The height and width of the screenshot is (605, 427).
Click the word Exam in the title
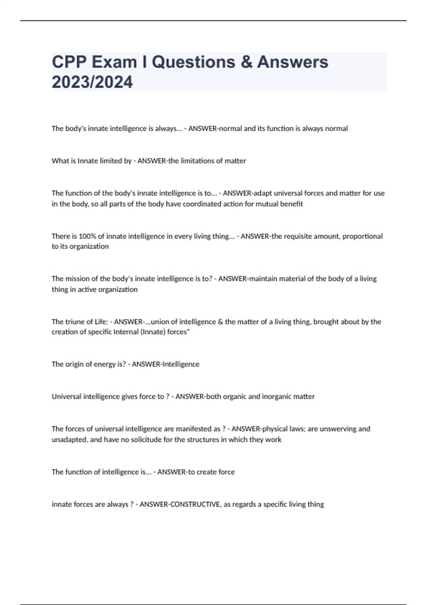pos(114,62)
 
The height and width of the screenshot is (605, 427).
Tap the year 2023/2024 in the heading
pos(92,82)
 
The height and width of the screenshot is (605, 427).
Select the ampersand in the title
pos(246,62)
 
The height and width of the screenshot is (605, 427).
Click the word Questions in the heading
pos(194,62)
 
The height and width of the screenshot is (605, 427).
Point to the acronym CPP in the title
pos(69,62)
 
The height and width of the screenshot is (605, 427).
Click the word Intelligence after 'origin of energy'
pos(181,364)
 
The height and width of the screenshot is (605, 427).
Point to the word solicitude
pos(146,440)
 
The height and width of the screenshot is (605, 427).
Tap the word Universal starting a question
pos(66,396)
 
